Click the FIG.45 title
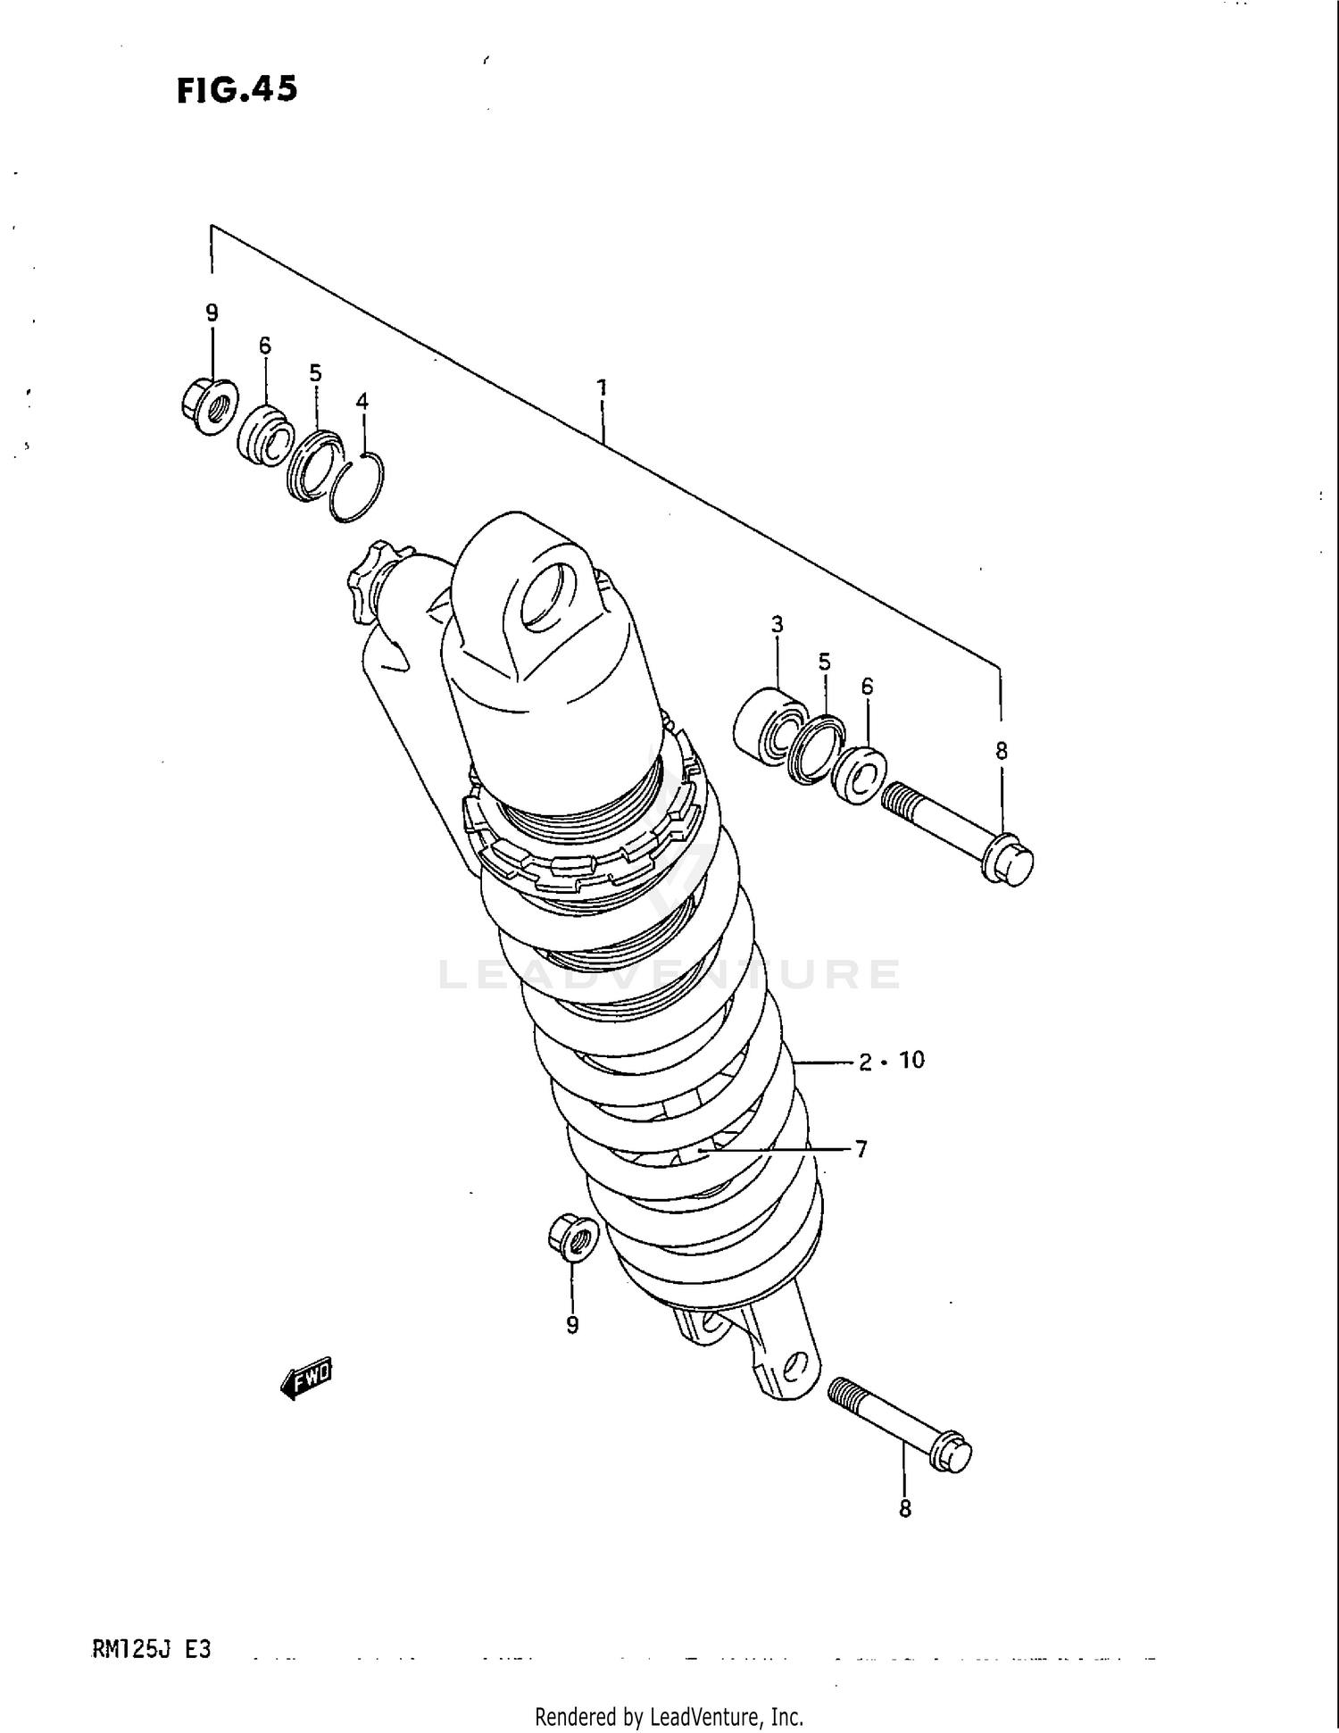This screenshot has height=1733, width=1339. pos(237,89)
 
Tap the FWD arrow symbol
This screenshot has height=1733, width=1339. pos(306,1380)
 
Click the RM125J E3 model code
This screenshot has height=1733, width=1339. pos(151,1649)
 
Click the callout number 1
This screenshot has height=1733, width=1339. pos(603,387)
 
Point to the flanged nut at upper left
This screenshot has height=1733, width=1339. pos(208,406)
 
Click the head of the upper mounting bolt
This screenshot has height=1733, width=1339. pos(1009,861)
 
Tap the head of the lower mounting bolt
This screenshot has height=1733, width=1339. pos(951,1453)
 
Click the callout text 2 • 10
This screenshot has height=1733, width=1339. pos(891,1061)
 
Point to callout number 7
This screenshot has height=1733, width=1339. pos(861,1150)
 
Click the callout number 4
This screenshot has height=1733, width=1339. pos(362,402)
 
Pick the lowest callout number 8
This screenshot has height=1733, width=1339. pos(904,1509)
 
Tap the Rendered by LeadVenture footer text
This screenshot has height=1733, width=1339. pos(669,1716)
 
